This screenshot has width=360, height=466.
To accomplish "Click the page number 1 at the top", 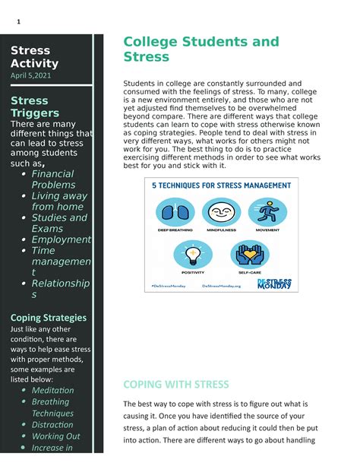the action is point(17,21).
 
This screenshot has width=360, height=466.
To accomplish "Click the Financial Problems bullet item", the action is point(53,179).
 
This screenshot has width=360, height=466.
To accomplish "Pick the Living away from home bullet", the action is point(58,201).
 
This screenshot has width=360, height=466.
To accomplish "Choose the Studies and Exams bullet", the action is point(59,223).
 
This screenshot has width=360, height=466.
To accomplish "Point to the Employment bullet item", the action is point(60,239).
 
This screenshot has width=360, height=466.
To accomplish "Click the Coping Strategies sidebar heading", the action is point(48,317).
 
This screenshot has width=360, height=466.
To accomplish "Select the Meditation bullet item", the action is point(52,390).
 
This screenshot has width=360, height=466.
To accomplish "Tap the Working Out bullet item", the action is point(55,436).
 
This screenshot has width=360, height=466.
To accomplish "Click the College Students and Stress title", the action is point(201,49).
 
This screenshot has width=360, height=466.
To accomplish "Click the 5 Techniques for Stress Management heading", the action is point(219,185).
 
